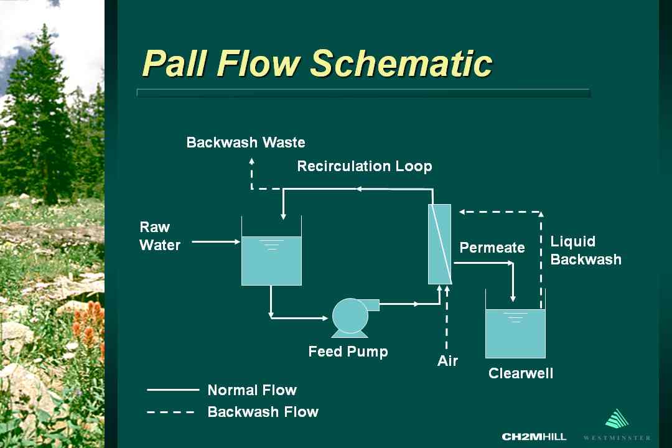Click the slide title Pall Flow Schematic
point(317,63)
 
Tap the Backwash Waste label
point(246,142)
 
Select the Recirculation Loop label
point(364,166)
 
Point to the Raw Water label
point(159,236)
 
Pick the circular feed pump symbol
point(350,317)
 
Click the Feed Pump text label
point(348,352)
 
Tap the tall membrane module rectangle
point(440,244)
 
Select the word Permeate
point(492,248)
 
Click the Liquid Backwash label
point(586,250)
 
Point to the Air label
point(447,361)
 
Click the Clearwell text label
point(521,373)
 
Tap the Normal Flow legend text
point(252,390)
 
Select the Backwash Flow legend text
point(263,411)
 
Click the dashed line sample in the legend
point(170,411)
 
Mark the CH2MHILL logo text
point(534,437)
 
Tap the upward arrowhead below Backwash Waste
point(251,160)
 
